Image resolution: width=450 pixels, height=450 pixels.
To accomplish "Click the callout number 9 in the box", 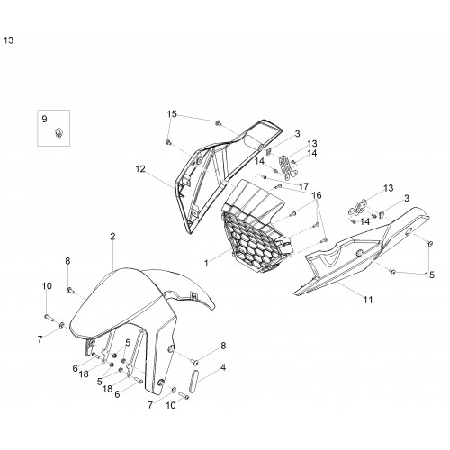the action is (44, 119).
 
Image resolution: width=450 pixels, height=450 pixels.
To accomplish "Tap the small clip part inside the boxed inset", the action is (59, 132).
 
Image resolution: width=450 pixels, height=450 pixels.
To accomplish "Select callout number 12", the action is (140, 169).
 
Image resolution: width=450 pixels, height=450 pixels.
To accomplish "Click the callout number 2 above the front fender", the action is (112, 237).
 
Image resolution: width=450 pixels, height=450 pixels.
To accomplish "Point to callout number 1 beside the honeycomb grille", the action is (206, 263).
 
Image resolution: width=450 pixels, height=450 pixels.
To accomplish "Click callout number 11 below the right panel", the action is (368, 300).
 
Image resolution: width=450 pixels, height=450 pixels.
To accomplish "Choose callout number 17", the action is (303, 186).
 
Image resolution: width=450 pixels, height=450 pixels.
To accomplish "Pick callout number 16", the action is (317, 195).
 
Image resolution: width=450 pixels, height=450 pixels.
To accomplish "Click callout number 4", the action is (223, 367).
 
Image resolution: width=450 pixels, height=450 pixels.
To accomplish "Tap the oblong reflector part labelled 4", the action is (194, 381).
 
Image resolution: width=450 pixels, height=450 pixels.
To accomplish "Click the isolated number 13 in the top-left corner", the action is (8, 40).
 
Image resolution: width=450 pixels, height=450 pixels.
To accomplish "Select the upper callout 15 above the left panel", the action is (172, 114).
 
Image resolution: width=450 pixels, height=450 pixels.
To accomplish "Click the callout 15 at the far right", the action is (429, 274).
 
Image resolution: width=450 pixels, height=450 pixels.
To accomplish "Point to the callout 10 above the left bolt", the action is (47, 286).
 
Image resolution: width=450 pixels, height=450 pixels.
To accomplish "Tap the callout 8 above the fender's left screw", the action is (67, 261).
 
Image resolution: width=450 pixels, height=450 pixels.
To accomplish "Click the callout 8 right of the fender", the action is (223, 346).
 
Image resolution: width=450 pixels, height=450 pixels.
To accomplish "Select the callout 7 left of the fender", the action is (40, 339).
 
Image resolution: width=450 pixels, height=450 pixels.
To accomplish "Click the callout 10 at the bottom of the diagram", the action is (170, 405).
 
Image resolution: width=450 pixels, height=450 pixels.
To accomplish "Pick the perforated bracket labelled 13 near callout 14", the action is (287, 166).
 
